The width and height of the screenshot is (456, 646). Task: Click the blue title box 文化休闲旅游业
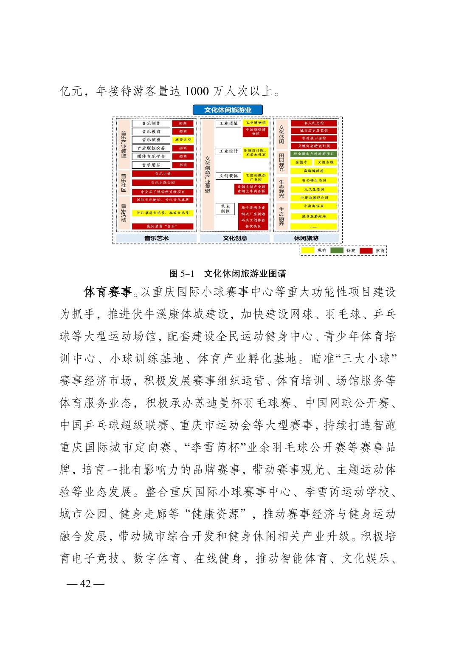point(228,110)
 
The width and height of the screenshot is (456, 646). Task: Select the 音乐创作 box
point(151,123)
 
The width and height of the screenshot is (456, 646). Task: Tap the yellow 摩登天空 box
point(183,140)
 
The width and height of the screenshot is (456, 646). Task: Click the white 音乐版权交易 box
point(151,148)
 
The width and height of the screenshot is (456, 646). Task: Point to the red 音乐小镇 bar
point(163,173)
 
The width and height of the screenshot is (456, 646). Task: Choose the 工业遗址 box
point(228,123)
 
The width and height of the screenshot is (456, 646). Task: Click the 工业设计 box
point(228,151)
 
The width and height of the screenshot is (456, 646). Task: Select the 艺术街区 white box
point(225,209)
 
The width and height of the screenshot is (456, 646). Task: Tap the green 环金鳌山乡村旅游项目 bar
point(314,154)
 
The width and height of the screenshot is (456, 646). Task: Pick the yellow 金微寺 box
point(301,162)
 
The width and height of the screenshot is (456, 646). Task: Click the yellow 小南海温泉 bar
point(314,206)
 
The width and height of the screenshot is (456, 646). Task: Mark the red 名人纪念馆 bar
point(314,123)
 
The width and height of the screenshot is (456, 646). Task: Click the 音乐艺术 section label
point(156,238)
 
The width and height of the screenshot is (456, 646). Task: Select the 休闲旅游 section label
point(306,238)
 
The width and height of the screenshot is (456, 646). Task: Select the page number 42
point(85,584)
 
